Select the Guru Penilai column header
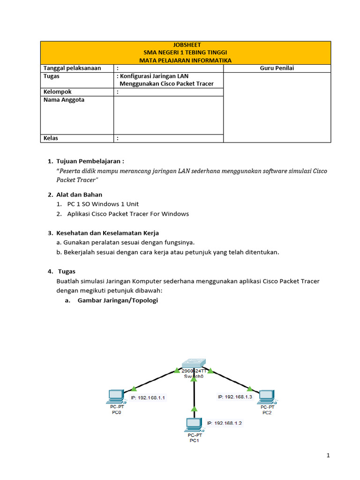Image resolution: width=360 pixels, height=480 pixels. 277,68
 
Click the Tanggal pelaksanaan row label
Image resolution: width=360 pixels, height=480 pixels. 72,68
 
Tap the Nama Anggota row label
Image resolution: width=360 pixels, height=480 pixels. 64,100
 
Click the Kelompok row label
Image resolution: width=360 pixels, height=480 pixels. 58,92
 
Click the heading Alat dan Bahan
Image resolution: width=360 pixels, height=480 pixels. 79,195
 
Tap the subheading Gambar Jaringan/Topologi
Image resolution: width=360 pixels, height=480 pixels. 118,300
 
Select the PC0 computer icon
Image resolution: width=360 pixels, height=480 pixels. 115,397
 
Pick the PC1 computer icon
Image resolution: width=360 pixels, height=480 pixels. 193,425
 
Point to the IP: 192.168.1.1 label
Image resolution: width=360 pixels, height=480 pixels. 148,397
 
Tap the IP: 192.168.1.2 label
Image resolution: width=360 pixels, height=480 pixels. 225,423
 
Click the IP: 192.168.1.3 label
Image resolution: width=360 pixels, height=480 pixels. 235,397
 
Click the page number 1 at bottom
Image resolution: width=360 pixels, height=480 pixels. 329,455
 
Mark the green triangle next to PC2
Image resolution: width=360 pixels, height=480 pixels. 250,388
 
